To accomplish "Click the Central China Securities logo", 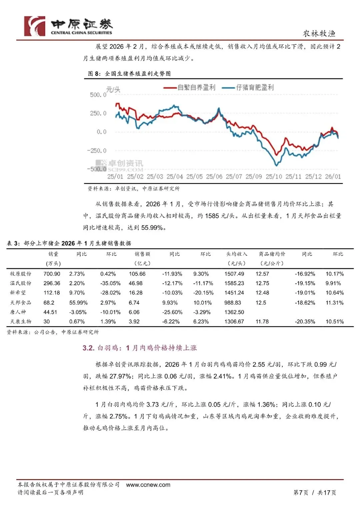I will pos(68,26).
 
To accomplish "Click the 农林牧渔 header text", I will pos(319,34).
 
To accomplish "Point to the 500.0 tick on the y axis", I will pos(98,95).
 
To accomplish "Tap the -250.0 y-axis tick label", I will pos(97,151).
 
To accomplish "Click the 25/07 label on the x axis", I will pos(234,177).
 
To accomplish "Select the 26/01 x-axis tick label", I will pos(333,177).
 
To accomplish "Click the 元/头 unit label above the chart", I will pos(113,89).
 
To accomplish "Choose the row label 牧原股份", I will pos(21,274).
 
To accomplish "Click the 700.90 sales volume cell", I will pos(52,274).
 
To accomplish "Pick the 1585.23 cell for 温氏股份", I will pos(234,283).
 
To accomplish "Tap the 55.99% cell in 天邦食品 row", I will pos(78,303).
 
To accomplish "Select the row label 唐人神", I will pos(18,312).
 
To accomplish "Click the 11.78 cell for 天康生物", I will pos(262,322).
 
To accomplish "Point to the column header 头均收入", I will pos(237,254).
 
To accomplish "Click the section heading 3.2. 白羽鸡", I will pos(140,348).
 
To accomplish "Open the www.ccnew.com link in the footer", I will pos(148,485).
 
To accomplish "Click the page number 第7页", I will pos(301,492).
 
